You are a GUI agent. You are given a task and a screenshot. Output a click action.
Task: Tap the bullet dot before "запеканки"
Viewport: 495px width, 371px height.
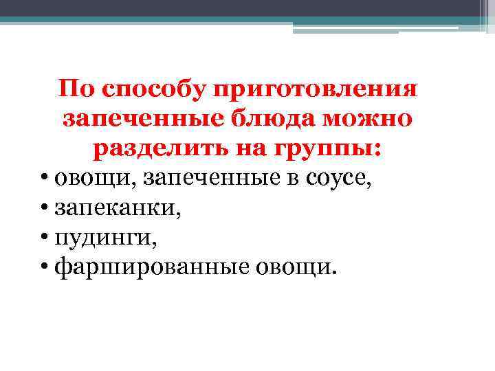[x=44, y=207]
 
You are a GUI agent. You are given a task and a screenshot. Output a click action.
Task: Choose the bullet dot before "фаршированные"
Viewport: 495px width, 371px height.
[x=44, y=265]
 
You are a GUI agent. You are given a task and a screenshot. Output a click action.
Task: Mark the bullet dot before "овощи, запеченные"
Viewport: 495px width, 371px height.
[x=44, y=179]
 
